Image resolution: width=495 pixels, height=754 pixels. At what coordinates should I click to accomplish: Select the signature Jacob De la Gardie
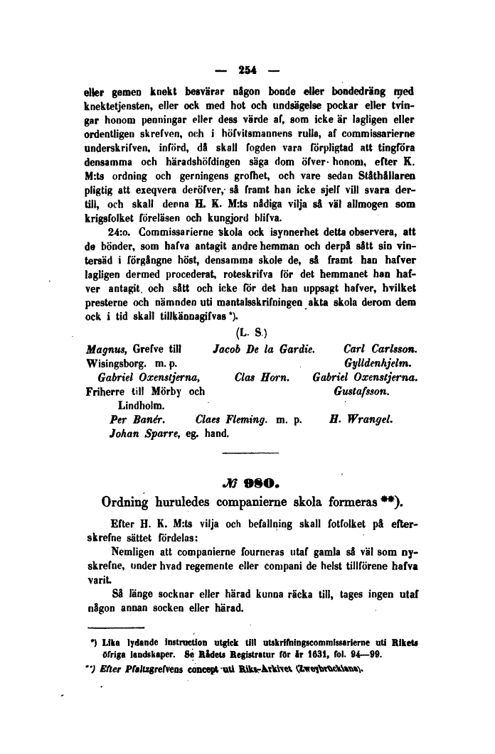[263, 349]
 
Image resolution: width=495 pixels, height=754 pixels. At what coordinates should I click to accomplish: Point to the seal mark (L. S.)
[246, 333]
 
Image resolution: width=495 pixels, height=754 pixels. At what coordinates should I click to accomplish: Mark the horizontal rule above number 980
[247, 453]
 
